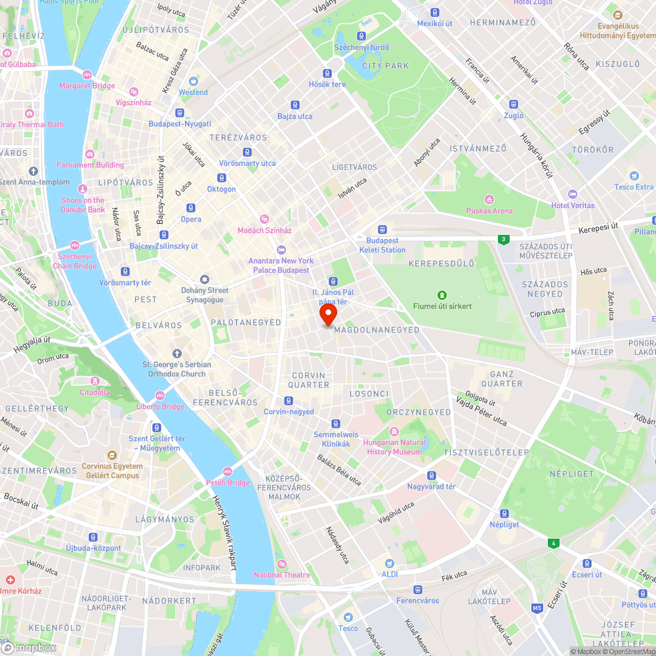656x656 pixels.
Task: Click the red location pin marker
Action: [327, 313]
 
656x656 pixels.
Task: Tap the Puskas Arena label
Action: [489, 211]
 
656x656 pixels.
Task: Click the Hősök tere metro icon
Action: [327, 73]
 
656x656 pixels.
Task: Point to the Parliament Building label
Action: [90, 165]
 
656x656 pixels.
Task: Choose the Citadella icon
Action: [96, 381]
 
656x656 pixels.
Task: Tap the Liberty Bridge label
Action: [160, 407]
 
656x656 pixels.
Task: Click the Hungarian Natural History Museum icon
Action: [394, 432]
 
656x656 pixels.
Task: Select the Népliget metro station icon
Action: [504, 514]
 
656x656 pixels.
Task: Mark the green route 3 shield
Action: [503, 239]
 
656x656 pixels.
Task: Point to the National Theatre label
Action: [281, 575]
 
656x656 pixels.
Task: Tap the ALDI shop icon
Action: [390, 564]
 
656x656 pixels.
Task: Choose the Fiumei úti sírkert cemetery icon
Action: [442, 295]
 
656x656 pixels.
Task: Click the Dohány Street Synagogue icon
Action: [205, 279]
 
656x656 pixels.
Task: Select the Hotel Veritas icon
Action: [573, 194]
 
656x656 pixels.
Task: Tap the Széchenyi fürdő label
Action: [361, 47]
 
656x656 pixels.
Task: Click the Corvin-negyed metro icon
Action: [289, 401]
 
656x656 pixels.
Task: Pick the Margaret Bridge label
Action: [87, 86]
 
